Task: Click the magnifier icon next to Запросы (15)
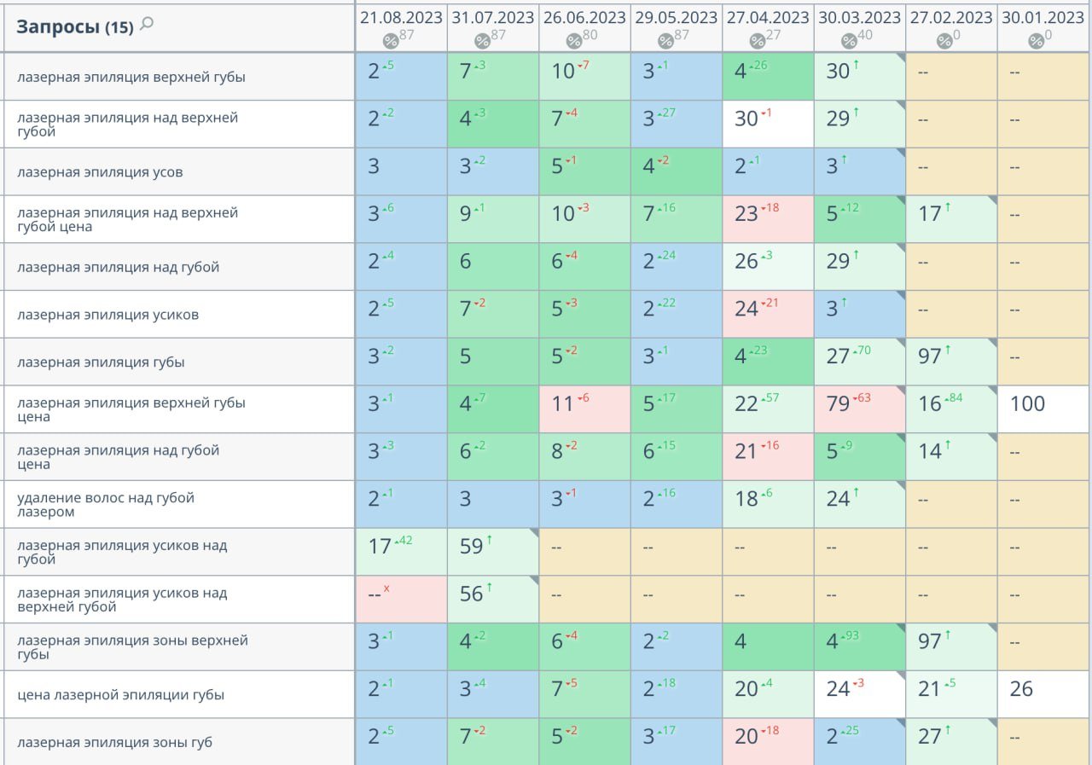click(x=147, y=25)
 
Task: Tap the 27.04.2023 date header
click(x=768, y=18)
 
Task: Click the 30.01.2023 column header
click(x=1043, y=18)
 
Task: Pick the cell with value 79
click(x=859, y=404)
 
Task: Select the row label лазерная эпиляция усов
click(x=100, y=172)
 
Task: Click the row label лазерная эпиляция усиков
click(x=107, y=315)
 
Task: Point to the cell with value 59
click(x=492, y=547)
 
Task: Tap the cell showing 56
click(x=492, y=594)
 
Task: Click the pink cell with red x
click(x=401, y=594)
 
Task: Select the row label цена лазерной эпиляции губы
click(x=120, y=695)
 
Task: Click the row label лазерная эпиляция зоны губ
click(x=114, y=743)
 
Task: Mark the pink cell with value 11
click(x=584, y=404)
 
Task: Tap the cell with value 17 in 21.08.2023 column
click(x=401, y=547)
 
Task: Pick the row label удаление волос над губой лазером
click(x=106, y=505)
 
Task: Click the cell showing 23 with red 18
click(x=768, y=214)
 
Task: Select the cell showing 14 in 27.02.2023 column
click(x=951, y=452)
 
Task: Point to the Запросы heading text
click(x=57, y=26)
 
